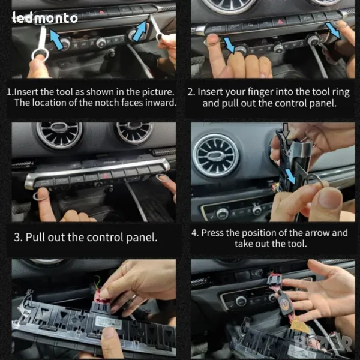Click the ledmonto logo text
click(45, 18)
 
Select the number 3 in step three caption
click(17, 237)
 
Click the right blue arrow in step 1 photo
click(140, 31)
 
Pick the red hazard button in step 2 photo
click(280, 22)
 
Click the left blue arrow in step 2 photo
click(229, 44)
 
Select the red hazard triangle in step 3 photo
click(106, 176)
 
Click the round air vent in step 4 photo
click(216, 155)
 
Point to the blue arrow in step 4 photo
click(290, 176)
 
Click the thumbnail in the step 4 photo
click(330, 197)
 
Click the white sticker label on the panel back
click(109, 322)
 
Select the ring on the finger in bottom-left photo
click(132, 298)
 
